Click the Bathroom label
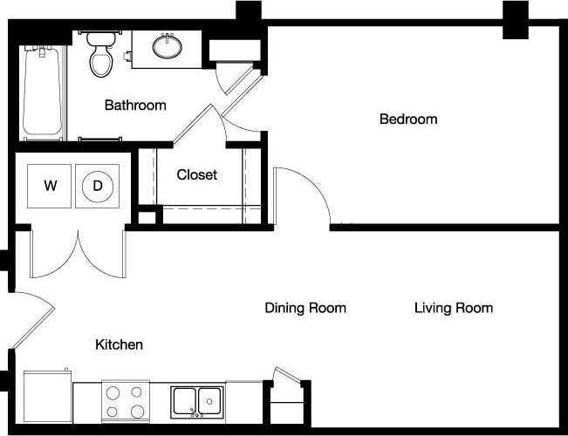pyautogui.click(x=135, y=106)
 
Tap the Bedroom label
pyautogui.click(x=408, y=119)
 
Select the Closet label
pyautogui.click(x=197, y=174)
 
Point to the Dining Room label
pyautogui.click(x=305, y=308)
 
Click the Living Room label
pyautogui.click(x=453, y=308)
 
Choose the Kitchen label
pyautogui.click(x=119, y=345)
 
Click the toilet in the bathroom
pyautogui.click(x=101, y=55)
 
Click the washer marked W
pyautogui.click(x=51, y=186)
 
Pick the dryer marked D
pyautogui.click(x=98, y=186)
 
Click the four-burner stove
pyautogui.click(x=125, y=402)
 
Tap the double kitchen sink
pyautogui.click(x=196, y=401)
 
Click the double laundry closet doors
pyautogui.click(x=78, y=255)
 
